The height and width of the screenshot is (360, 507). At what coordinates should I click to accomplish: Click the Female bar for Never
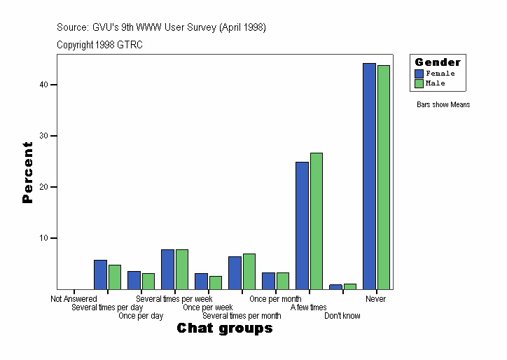click(x=369, y=176)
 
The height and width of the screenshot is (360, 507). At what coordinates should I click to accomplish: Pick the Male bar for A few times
click(x=316, y=221)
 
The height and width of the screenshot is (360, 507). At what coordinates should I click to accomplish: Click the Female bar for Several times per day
click(x=100, y=275)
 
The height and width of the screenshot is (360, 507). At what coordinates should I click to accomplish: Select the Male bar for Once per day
click(x=148, y=281)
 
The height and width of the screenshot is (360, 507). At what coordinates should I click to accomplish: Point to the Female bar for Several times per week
click(x=167, y=269)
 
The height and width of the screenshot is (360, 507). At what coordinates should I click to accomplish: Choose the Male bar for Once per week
click(x=215, y=282)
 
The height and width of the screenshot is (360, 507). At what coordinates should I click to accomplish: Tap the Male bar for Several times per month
click(x=249, y=271)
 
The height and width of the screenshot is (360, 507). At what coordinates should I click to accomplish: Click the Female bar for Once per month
click(x=268, y=281)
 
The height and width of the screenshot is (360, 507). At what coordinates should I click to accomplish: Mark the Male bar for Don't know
click(x=349, y=286)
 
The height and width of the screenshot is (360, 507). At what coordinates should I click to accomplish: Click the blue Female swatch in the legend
click(x=419, y=74)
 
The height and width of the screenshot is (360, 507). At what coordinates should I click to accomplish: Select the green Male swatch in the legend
click(x=419, y=83)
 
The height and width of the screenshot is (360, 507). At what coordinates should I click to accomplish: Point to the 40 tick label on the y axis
click(x=43, y=85)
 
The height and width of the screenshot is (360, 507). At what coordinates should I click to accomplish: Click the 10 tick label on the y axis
click(x=43, y=238)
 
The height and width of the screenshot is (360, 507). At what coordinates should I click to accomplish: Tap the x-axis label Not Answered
click(x=74, y=299)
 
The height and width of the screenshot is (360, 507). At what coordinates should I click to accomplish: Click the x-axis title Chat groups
click(x=224, y=328)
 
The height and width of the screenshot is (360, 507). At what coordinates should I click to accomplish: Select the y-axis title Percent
click(x=27, y=172)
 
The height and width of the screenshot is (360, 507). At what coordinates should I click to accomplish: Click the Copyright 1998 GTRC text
click(x=100, y=44)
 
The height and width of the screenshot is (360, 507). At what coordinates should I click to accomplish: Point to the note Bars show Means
click(x=443, y=105)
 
